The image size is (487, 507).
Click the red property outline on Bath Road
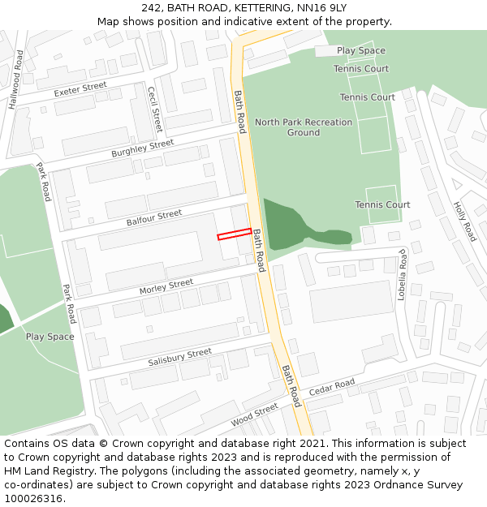click(235, 234)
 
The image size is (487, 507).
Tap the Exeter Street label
click(80, 88)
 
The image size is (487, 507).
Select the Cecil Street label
click(154, 110)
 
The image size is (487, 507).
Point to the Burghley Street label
click(143, 148)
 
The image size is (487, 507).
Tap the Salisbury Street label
click(179, 357)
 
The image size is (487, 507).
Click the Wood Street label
click(254, 415)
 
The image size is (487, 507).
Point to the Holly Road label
click(464, 221)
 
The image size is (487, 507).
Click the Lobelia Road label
click(401, 275)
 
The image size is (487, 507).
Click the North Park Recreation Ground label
click(304, 127)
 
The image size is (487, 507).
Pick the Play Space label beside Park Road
click(50, 337)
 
